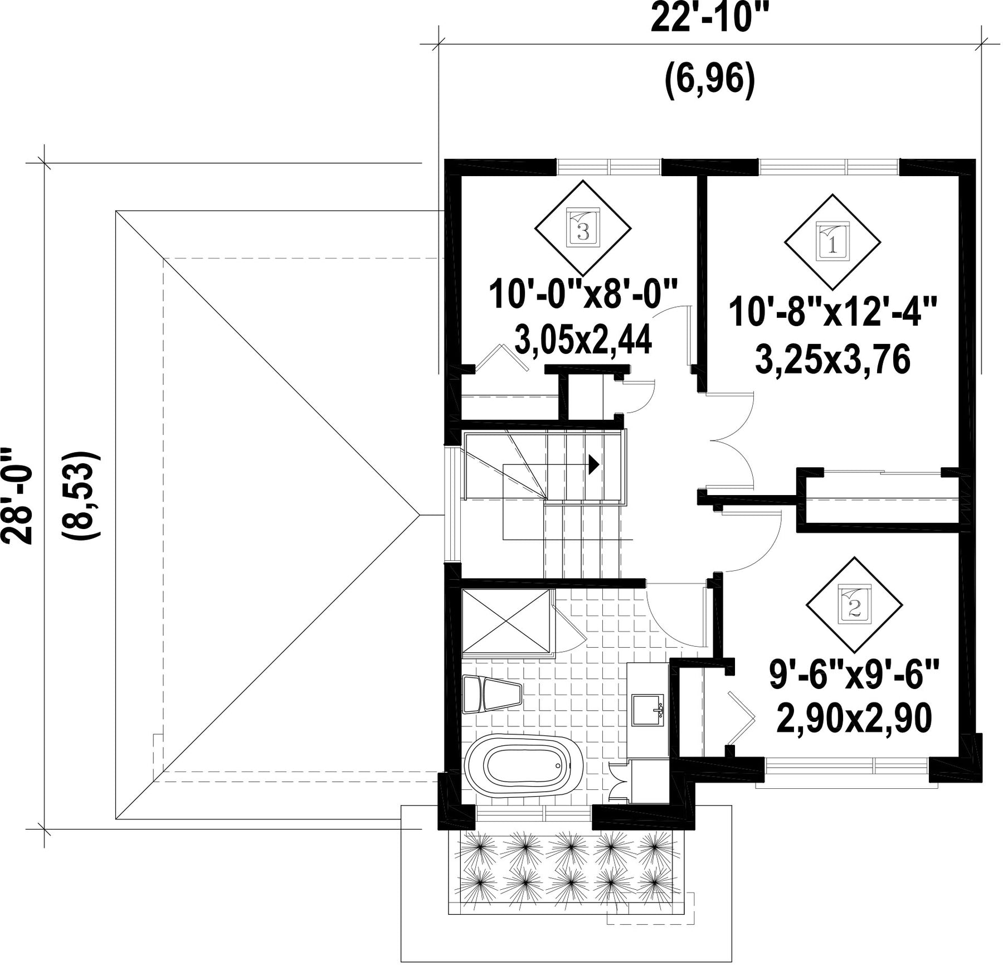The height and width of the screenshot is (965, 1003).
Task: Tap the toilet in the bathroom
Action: [x=492, y=695]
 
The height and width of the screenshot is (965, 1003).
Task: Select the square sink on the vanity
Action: [x=647, y=710]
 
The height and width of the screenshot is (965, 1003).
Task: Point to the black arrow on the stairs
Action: [x=593, y=463]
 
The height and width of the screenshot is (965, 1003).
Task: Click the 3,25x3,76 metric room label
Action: [x=832, y=359]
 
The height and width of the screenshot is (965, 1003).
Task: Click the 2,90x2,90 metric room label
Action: [x=854, y=719]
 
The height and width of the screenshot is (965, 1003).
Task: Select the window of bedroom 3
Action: [x=609, y=166]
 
